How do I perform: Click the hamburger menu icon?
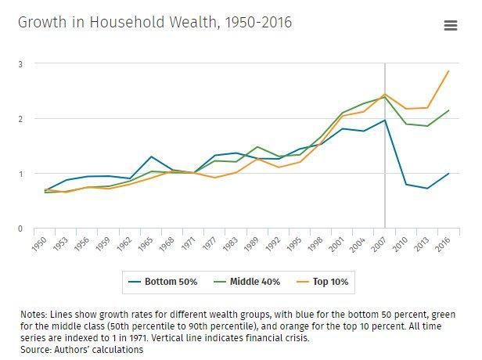(x=450, y=25)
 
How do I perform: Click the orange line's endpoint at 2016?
(x=448, y=71)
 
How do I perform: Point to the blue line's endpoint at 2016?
(x=448, y=173)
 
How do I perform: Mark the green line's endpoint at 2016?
(x=448, y=110)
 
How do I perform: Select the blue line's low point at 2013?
(x=427, y=189)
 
